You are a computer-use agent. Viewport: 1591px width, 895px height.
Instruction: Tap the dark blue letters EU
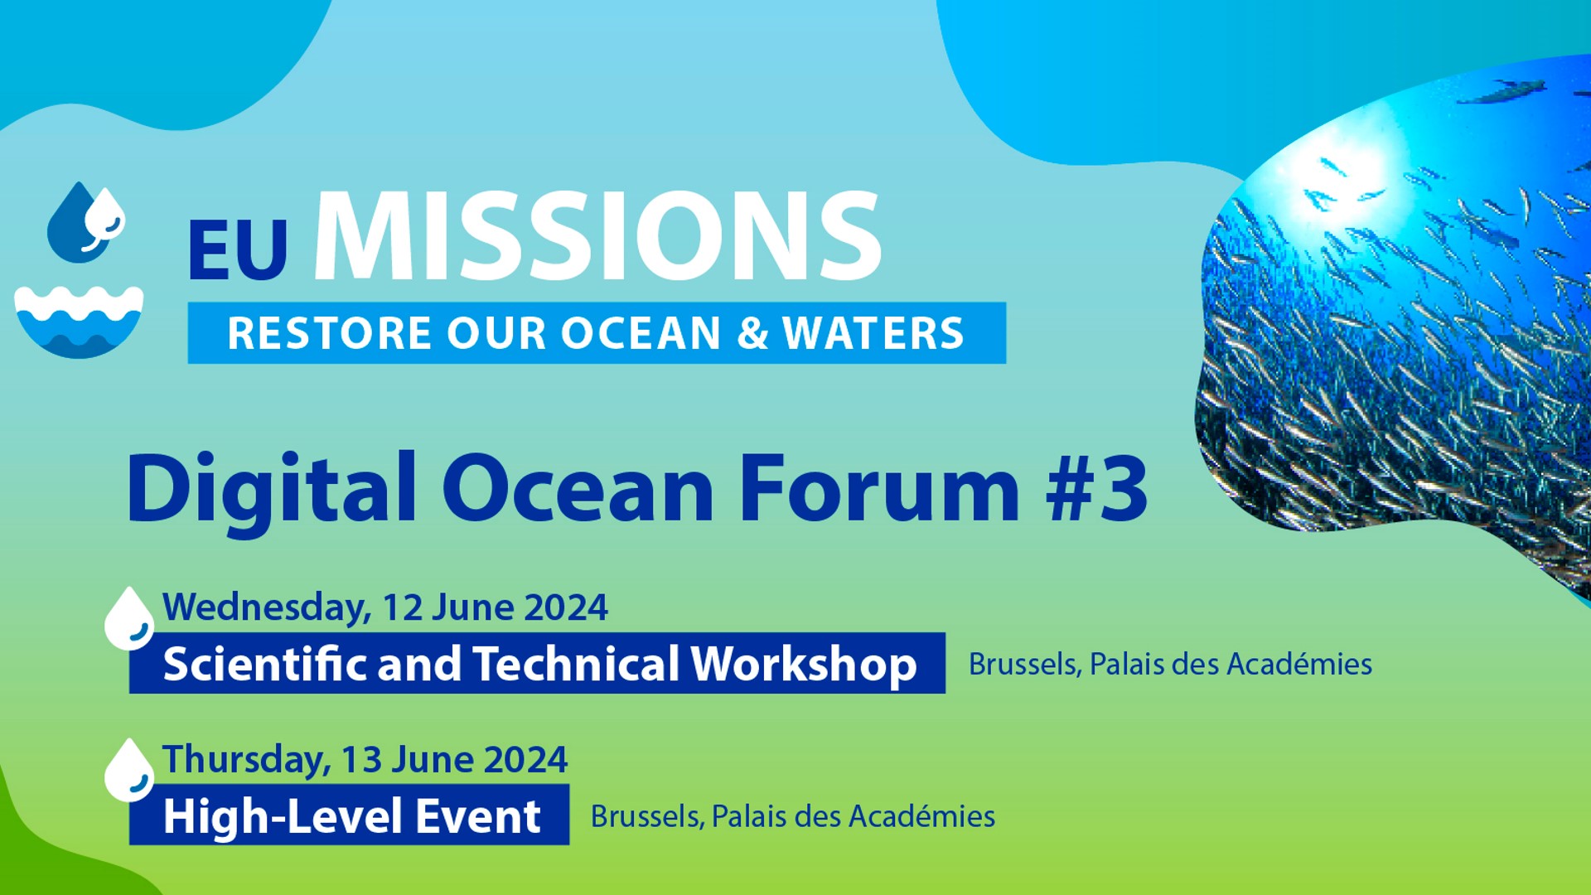click(x=238, y=249)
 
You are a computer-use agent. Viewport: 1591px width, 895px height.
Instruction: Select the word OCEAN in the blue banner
click(x=641, y=333)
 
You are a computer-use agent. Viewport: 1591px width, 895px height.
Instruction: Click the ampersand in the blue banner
click(x=752, y=333)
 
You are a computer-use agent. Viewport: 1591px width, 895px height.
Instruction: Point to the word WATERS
click(x=873, y=333)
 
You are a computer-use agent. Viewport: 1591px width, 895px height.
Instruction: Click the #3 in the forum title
click(x=1097, y=489)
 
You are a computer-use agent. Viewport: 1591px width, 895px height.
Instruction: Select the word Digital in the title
click(x=272, y=492)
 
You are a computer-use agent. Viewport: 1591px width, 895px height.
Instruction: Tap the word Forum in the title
click(x=879, y=489)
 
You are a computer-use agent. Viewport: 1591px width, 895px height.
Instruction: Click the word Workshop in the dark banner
click(x=805, y=665)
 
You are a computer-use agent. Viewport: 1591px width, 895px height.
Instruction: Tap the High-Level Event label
click(x=352, y=816)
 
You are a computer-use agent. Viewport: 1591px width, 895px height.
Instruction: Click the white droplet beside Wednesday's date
click(x=128, y=619)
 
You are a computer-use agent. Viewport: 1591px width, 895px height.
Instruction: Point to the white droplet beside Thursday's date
click(x=128, y=771)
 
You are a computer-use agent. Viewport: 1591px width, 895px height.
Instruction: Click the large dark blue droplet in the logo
click(x=76, y=224)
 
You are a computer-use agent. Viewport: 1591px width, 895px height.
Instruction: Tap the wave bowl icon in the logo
click(x=79, y=322)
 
